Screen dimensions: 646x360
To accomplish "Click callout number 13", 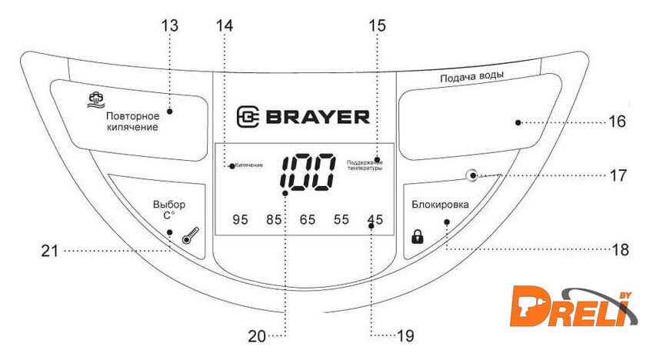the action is (x=170, y=25).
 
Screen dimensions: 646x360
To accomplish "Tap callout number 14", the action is (x=225, y=25).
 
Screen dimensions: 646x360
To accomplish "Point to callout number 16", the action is (x=617, y=122).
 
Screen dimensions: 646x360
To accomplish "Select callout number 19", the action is (x=405, y=336).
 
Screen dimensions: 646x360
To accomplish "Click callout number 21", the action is (x=50, y=251).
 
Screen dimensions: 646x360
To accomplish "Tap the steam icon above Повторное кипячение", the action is (x=96, y=100).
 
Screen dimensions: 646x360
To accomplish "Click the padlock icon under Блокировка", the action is (x=418, y=236).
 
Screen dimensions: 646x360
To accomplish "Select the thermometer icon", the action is (x=191, y=235).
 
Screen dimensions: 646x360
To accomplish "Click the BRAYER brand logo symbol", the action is (x=248, y=117).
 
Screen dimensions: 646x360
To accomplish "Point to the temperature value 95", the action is (x=240, y=219).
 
